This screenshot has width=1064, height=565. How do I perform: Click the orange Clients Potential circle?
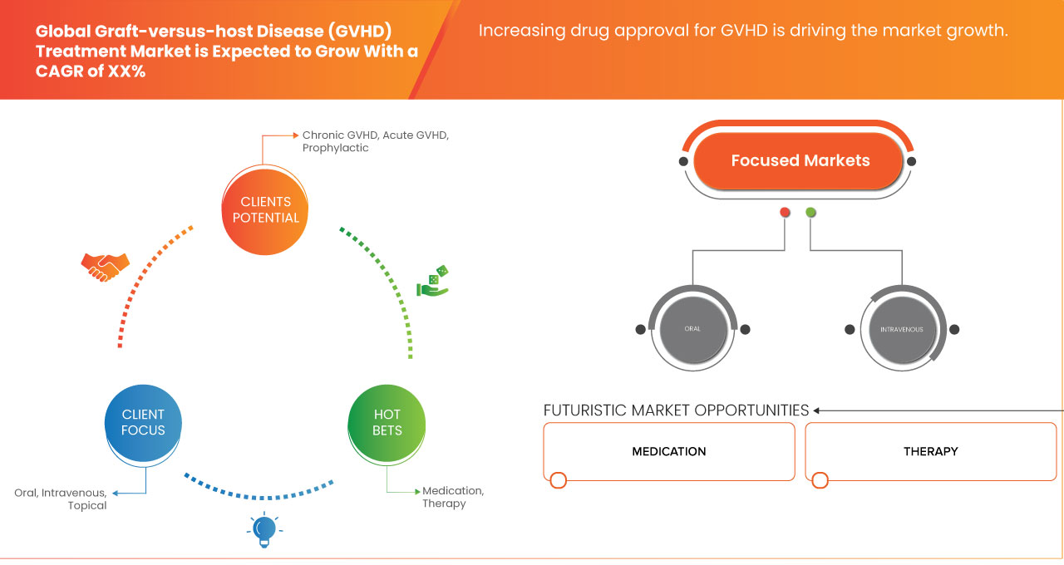tap(265, 209)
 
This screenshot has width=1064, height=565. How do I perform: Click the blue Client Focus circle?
tap(143, 422)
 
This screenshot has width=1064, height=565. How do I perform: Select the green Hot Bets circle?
tap(387, 422)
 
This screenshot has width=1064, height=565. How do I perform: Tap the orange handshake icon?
tap(105, 267)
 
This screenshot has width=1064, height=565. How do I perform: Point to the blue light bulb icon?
tap(264, 529)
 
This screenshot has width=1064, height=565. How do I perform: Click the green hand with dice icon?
tap(432, 282)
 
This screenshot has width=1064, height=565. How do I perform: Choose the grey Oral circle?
tap(692, 329)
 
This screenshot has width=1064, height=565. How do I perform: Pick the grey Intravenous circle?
tap(901, 329)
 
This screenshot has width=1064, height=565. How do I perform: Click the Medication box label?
tap(668, 451)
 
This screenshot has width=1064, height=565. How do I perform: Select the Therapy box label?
tap(930, 451)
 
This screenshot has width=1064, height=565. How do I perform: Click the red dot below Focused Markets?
tap(785, 213)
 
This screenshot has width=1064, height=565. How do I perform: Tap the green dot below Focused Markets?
tap(810, 213)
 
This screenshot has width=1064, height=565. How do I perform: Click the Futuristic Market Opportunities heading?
tap(675, 410)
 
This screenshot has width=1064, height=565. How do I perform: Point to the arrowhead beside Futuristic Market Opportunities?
tap(817, 410)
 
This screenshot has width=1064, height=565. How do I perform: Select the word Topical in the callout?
tap(87, 505)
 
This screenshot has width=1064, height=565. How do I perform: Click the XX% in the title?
tap(126, 72)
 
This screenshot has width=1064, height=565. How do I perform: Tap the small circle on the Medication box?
tap(559, 480)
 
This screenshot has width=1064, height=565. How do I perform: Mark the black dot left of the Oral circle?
tap(640, 329)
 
